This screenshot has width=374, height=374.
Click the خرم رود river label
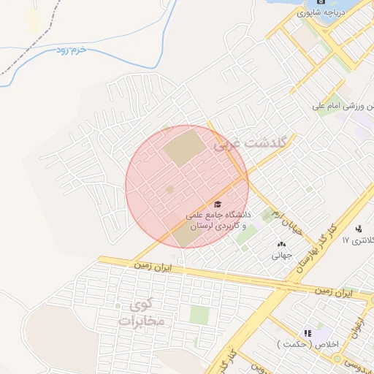coord(72,50)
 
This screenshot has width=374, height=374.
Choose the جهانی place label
coord(282,256)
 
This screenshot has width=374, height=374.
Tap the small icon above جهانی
coord(282,244)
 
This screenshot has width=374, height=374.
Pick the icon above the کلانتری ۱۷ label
coord(358,228)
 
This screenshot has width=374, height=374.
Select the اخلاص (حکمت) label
coord(305,343)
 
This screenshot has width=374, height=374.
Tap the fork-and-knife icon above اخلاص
coord(307,332)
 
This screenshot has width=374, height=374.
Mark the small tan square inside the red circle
coord(170,190)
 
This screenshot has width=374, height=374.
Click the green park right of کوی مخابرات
coord(199,315)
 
